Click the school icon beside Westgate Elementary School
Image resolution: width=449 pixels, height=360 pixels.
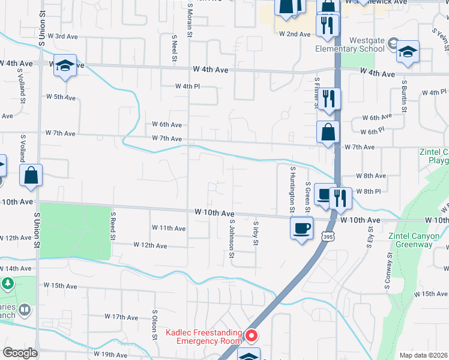pyautogui.click(x=408, y=53)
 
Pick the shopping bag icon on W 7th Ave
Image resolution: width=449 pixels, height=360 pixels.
pyautogui.click(x=328, y=132)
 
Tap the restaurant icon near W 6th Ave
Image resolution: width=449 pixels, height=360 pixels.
pyautogui.click(x=328, y=98)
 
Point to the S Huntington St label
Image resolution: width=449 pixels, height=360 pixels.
pyautogui.click(x=292, y=190)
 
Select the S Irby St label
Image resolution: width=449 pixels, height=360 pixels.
pyautogui.click(x=256, y=238)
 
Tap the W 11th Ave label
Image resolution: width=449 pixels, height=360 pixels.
pyautogui.click(x=169, y=228)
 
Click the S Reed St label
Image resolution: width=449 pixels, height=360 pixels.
pyautogui.click(x=112, y=225)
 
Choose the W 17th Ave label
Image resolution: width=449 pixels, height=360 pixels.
pyautogui.click(x=121, y=316)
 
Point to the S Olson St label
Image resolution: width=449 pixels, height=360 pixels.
pyautogui.click(x=155, y=325)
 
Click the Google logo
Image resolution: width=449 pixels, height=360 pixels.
pyautogui.click(x=20, y=353)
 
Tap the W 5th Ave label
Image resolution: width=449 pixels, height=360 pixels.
pyautogui.click(x=61, y=97)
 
